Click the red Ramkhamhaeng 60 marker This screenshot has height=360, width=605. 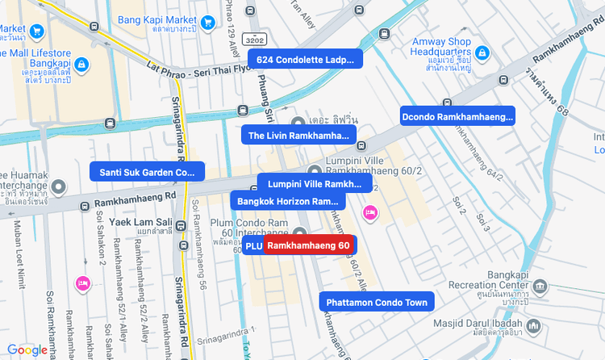pos(309,245)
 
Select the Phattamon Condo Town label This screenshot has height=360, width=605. pos(377,303)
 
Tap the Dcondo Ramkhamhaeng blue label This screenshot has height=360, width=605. pos(457,116)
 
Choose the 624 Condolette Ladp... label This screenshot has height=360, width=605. pos(306,59)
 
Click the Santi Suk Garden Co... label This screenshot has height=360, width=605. pos(148,171)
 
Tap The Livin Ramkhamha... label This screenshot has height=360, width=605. pos(298,135)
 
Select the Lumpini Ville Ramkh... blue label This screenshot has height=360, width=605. pos(315,183)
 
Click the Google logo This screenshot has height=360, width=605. pos(27,350)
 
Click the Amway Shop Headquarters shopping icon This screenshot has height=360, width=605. pos(482,53)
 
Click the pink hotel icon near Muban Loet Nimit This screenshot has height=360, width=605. pos(82,283)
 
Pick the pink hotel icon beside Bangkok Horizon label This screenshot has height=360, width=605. pos(370,212)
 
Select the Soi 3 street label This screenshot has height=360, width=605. pos(482,219)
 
